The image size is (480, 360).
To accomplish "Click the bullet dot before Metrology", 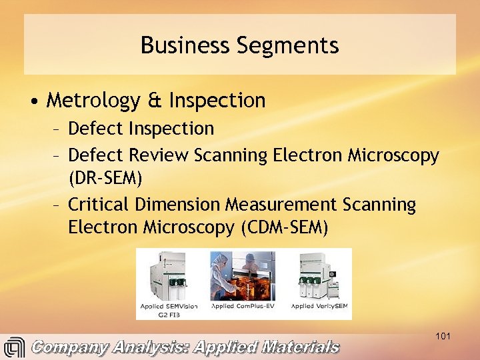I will [x=33, y=101].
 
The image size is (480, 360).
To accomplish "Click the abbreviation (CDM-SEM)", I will [x=283, y=227].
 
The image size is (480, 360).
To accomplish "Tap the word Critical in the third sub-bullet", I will [x=98, y=203].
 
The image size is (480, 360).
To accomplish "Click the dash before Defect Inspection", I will [x=58, y=128].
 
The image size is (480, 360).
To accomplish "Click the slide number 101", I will [x=443, y=336].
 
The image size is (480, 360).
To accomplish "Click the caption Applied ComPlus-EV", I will [x=243, y=306].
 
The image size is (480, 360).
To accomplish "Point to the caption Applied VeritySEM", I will [x=320, y=306].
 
